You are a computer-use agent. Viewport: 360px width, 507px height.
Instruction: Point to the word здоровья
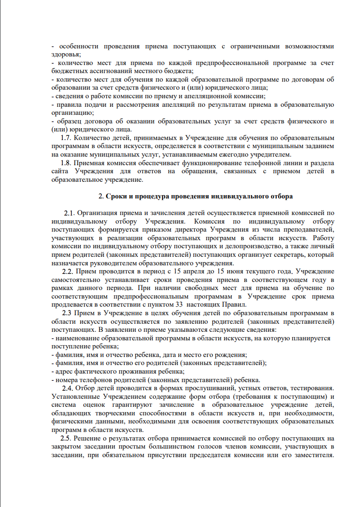pyautogui.click(x=65, y=55)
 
